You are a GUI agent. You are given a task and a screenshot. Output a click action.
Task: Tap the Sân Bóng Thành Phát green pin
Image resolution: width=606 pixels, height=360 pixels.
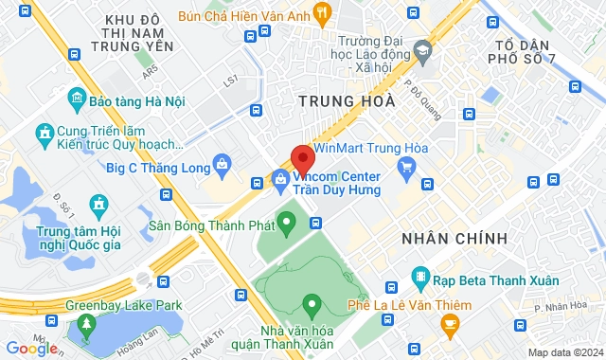pyautogui.click(x=288, y=224)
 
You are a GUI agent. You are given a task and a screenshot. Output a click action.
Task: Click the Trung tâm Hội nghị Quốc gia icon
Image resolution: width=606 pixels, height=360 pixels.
pyautogui.click(x=98, y=204)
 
